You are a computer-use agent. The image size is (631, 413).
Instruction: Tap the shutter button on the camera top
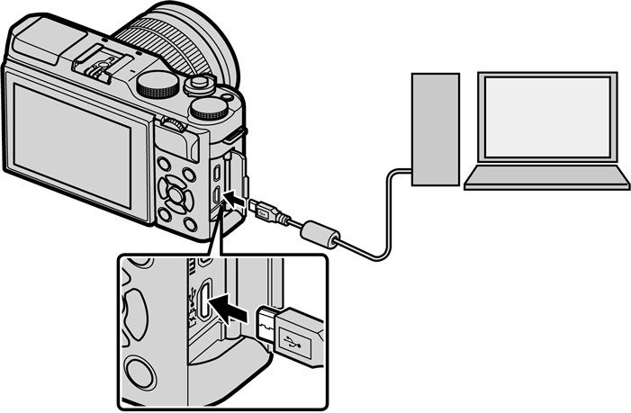(198, 84)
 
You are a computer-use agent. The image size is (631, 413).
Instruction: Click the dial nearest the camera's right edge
(210, 109)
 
